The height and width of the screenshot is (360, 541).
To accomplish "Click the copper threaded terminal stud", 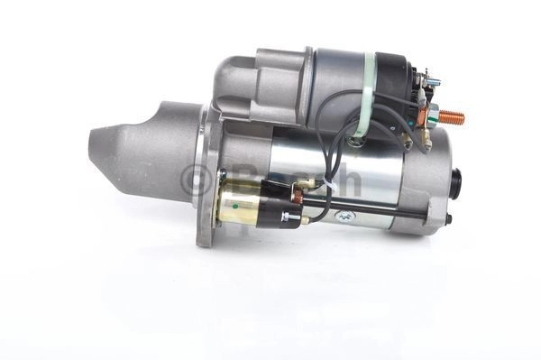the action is point(453,117).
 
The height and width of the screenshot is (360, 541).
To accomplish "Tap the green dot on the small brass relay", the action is point(235,208).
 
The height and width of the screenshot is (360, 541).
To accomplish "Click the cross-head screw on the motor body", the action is point(344,216).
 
